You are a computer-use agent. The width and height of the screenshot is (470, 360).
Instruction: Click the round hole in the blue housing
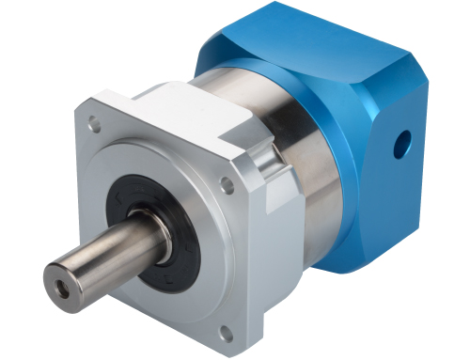point(403,144)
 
